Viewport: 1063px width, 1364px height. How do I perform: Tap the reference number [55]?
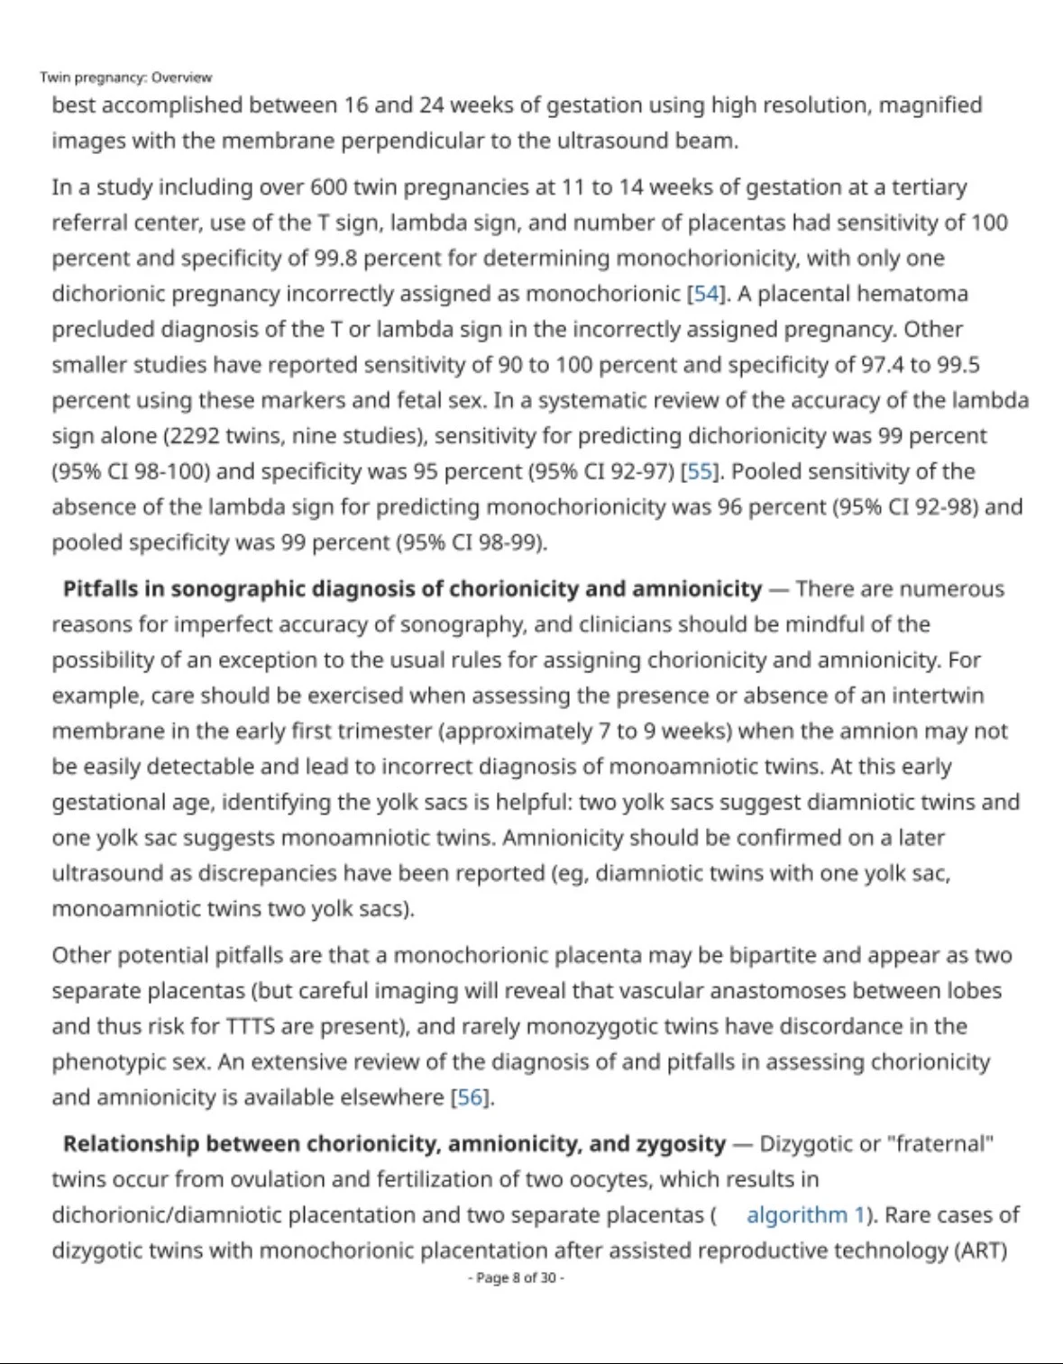[x=700, y=471]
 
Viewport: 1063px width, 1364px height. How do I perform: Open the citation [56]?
[x=471, y=1097]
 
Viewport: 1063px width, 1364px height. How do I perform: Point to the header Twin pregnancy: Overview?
[x=125, y=77]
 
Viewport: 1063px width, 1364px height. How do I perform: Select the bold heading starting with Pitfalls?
[x=412, y=588]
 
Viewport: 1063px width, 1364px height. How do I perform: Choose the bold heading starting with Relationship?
[x=394, y=1143]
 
